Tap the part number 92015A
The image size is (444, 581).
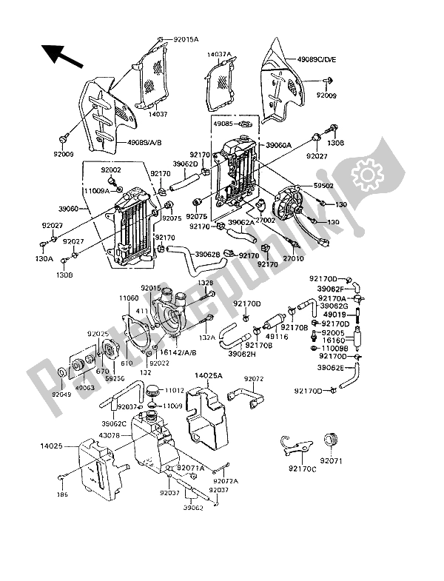178,39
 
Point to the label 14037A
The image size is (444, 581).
220,54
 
